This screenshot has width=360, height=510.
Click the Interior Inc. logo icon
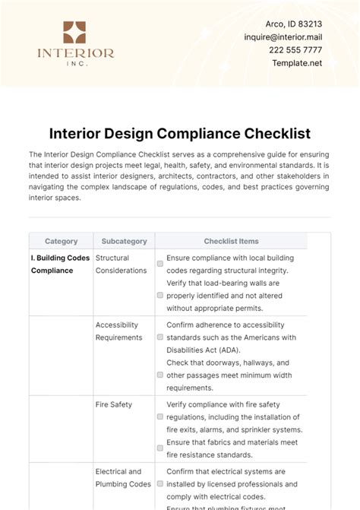[x=74, y=33]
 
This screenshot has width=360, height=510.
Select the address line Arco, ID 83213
[x=298, y=23]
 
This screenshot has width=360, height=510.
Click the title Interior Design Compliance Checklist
[x=180, y=134]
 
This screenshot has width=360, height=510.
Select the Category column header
[x=61, y=241]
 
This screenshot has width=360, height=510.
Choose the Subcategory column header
[x=124, y=241]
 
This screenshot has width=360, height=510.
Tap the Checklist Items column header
[x=231, y=241]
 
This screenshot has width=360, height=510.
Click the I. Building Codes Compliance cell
[x=60, y=264]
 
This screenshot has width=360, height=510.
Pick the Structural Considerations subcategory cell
[x=122, y=264]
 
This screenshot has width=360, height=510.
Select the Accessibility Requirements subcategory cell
[x=118, y=331]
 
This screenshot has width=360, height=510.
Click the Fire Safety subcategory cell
[x=114, y=404]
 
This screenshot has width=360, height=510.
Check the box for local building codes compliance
[x=160, y=264]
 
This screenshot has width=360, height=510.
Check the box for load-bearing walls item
[x=160, y=295]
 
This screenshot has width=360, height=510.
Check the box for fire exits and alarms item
[x=160, y=417]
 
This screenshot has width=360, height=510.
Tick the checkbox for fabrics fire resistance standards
[x=160, y=448]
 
